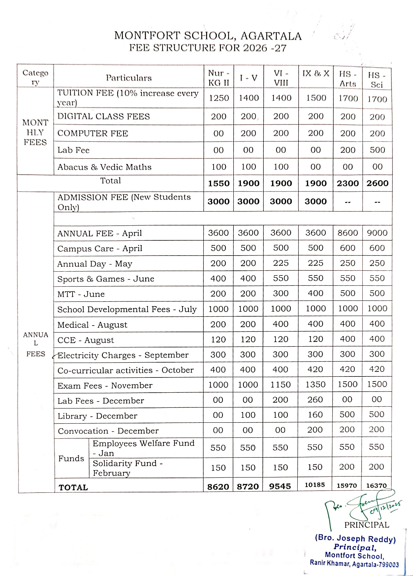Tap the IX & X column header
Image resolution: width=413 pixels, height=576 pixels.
pos(316,74)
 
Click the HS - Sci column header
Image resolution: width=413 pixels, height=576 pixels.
pos(377,80)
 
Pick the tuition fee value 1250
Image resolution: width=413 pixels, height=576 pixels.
pos(219,98)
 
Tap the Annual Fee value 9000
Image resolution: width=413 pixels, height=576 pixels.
pos(377,233)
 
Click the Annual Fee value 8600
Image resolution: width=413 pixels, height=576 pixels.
pos(347,233)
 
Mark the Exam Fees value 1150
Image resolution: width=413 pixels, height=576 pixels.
pos(280,385)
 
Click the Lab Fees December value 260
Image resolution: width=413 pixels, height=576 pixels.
pos(315,400)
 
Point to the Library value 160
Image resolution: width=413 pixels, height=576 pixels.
pos(315,415)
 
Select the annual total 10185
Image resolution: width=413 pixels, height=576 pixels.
pos(315,485)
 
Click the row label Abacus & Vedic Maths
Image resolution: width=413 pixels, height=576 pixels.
pos(104,167)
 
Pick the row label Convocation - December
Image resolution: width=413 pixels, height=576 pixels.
pos(108,431)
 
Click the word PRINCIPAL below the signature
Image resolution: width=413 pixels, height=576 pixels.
pos(366,525)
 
